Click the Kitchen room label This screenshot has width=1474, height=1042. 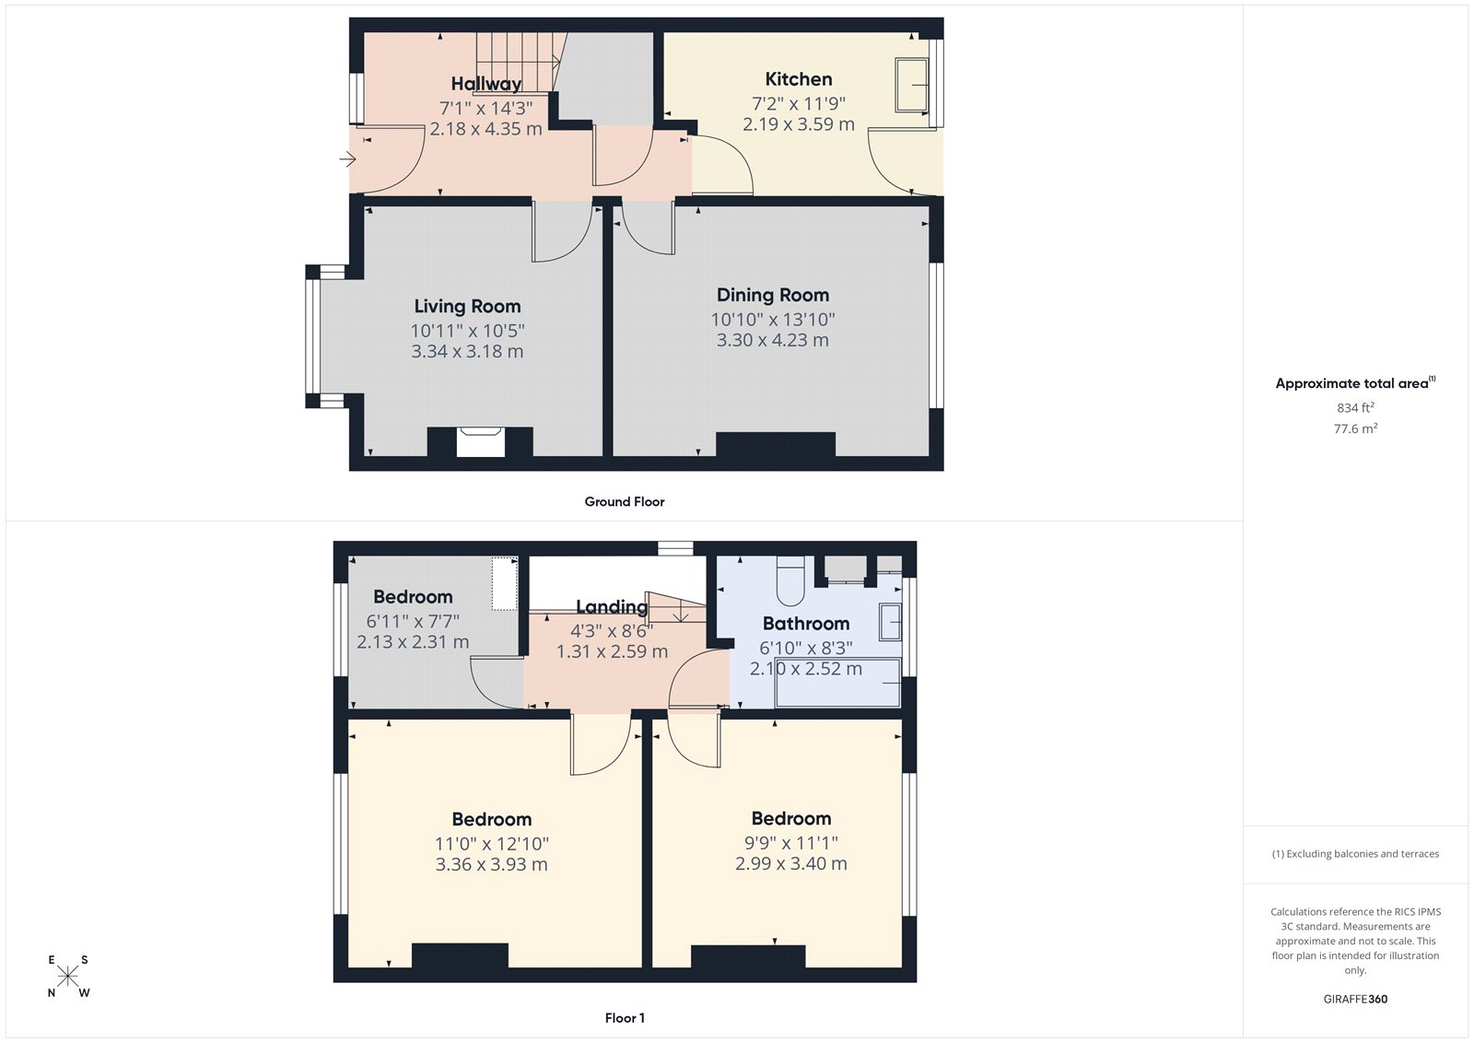[x=798, y=79]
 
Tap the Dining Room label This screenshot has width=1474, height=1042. [x=772, y=295]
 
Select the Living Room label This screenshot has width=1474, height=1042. [x=467, y=306]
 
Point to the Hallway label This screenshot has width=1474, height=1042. [x=485, y=84]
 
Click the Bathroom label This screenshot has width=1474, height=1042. [x=805, y=624]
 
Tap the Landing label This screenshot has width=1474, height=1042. [x=611, y=606]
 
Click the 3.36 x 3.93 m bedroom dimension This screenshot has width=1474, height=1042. [x=491, y=864]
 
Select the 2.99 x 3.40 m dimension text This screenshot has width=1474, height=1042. [x=790, y=863]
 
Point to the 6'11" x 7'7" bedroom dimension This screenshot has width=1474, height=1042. [x=412, y=621]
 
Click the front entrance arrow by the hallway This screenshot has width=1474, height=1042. [x=346, y=159]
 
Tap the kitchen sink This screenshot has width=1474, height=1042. [x=912, y=85]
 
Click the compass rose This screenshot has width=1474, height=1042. [x=68, y=977]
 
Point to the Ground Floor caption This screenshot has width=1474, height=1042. [x=624, y=501]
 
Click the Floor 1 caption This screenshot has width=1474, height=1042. [x=624, y=1018]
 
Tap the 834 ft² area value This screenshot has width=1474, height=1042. [x=1355, y=407]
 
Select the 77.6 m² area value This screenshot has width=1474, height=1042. [x=1355, y=428]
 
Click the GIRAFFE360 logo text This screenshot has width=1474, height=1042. [x=1355, y=999]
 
